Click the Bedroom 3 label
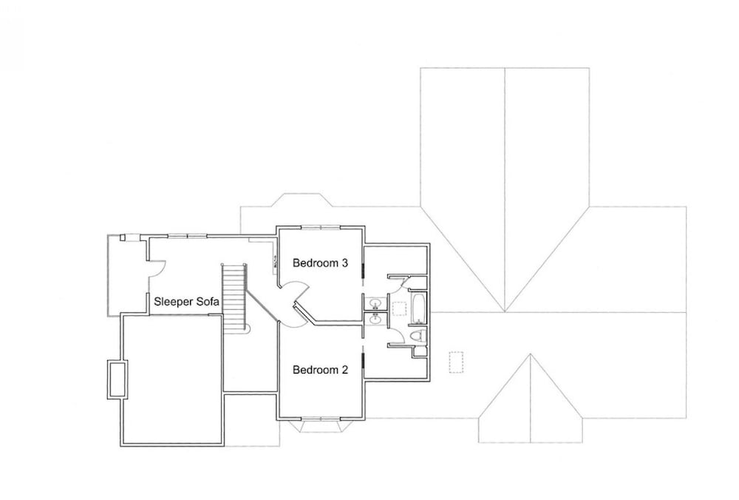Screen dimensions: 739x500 [320, 263]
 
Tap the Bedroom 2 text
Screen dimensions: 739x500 [320, 370]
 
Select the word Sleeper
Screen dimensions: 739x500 [174, 302]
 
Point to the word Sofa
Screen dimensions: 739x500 [208, 301]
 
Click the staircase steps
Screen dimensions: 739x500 [234, 297]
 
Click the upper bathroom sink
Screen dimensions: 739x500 [375, 303]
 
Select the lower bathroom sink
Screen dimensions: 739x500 [375, 320]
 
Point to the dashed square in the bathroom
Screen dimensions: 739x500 [400, 308]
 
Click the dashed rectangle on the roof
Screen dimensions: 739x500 [456, 362]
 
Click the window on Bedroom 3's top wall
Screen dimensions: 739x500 [321, 227]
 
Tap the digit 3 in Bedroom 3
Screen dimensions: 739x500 [344, 263]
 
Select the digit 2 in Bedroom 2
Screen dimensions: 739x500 [344, 370]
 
